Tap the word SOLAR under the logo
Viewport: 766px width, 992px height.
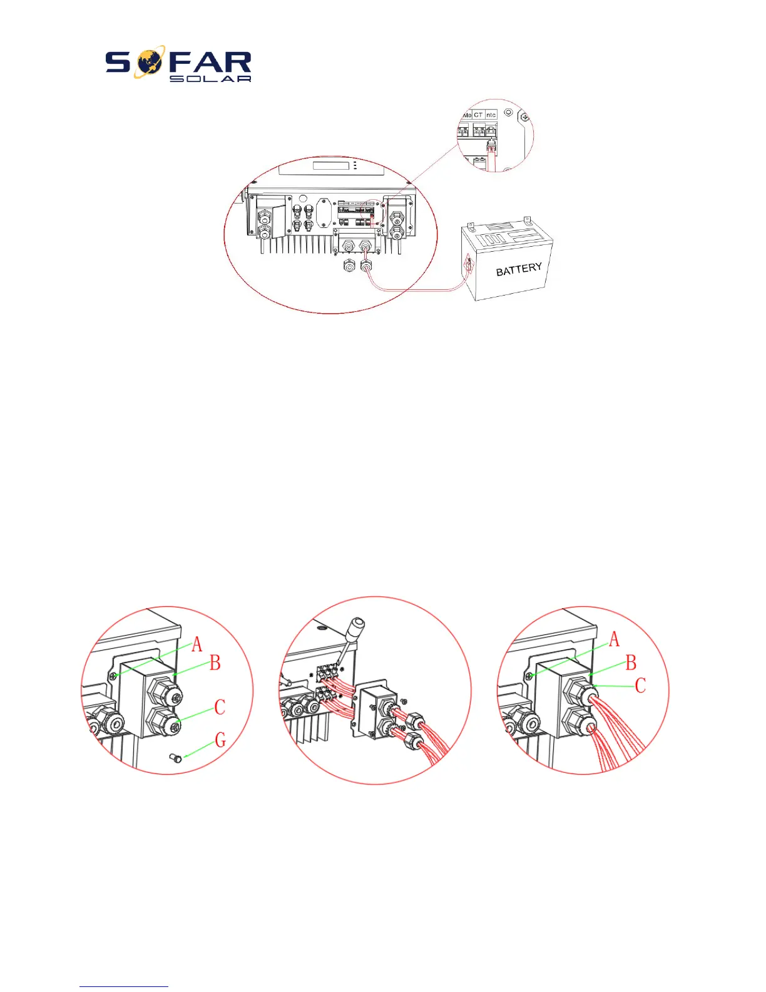tap(210, 79)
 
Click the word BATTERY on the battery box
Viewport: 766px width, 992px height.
tap(519, 269)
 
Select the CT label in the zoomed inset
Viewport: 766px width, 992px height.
tap(479, 115)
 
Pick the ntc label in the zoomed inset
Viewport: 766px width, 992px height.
tap(491, 115)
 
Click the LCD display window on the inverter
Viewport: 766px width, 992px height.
tap(330, 166)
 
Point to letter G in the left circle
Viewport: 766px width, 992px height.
tap(220, 740)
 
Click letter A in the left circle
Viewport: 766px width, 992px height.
tap(197, 644)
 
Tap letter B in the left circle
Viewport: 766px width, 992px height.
tap(215, 663)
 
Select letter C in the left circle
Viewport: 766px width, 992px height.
tap(220, 708)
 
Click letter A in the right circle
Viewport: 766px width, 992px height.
tap(614, 639)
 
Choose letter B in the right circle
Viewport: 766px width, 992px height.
tap(631, 663)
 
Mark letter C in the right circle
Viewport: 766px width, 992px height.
tap(640, 685)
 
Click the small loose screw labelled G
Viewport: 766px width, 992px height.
tap(176, 759)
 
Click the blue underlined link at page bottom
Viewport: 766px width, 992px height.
tap(124, 986)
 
